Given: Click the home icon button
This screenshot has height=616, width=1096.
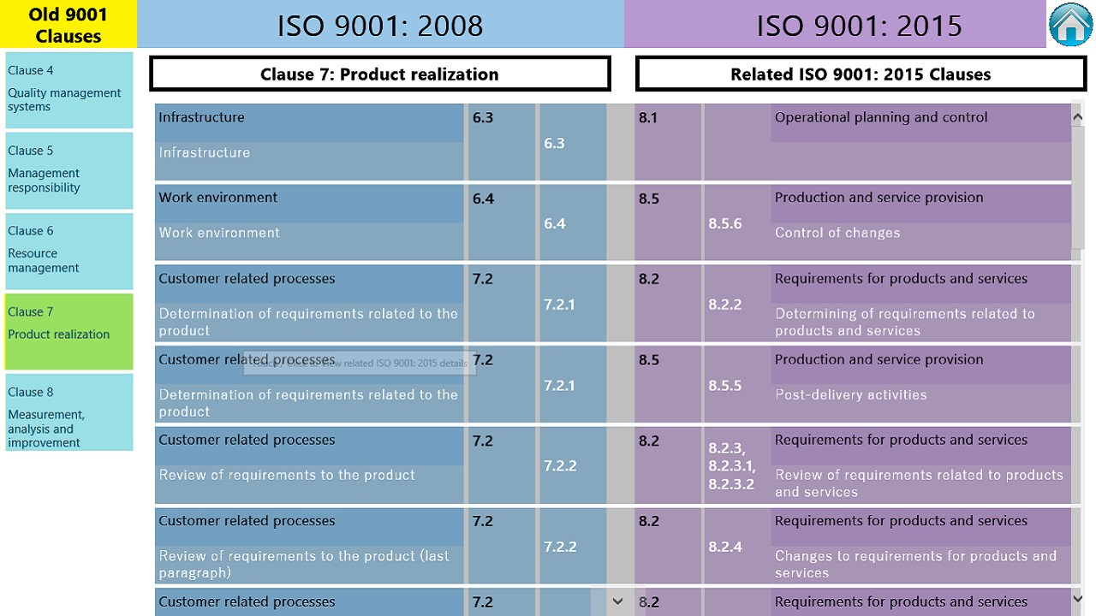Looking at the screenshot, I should [x=1071, y=24].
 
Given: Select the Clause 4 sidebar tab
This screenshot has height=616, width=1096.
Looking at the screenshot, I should [x=68, y=89].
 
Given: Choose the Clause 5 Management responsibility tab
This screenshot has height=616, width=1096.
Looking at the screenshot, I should [x=68, y=169].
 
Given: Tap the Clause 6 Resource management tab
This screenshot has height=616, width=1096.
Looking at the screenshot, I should [x=68, y=250].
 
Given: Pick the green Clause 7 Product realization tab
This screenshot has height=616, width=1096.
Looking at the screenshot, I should [x=68, y=331].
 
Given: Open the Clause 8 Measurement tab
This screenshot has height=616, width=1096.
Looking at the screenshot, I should [x=68, y=412].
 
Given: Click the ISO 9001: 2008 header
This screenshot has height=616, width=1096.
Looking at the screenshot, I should [x=380, y=25].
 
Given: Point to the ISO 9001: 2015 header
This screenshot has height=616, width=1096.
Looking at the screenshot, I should [x=859, y=25].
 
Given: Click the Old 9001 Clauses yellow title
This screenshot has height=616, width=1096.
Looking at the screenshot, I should [x=68, y=25].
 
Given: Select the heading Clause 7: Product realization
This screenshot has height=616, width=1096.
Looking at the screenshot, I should [x=379, y=74].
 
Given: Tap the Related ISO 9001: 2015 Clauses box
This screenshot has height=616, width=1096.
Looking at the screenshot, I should [x=861, y=74].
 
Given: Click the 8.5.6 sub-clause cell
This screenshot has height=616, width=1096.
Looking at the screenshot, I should [x=725, y=224].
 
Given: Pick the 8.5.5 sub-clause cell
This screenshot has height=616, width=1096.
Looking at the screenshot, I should [x=725, y=386].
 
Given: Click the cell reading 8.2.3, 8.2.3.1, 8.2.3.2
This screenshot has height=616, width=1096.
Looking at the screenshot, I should [x=732, y=466].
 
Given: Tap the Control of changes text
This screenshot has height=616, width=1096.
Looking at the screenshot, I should [x=837, y=233].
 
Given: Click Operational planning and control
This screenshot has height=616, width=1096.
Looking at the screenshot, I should [x=881, y=117].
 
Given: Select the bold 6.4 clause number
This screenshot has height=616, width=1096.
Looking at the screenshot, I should [x=483, y=198].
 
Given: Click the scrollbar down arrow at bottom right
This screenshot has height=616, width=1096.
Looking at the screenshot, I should [x=1077, y=599].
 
